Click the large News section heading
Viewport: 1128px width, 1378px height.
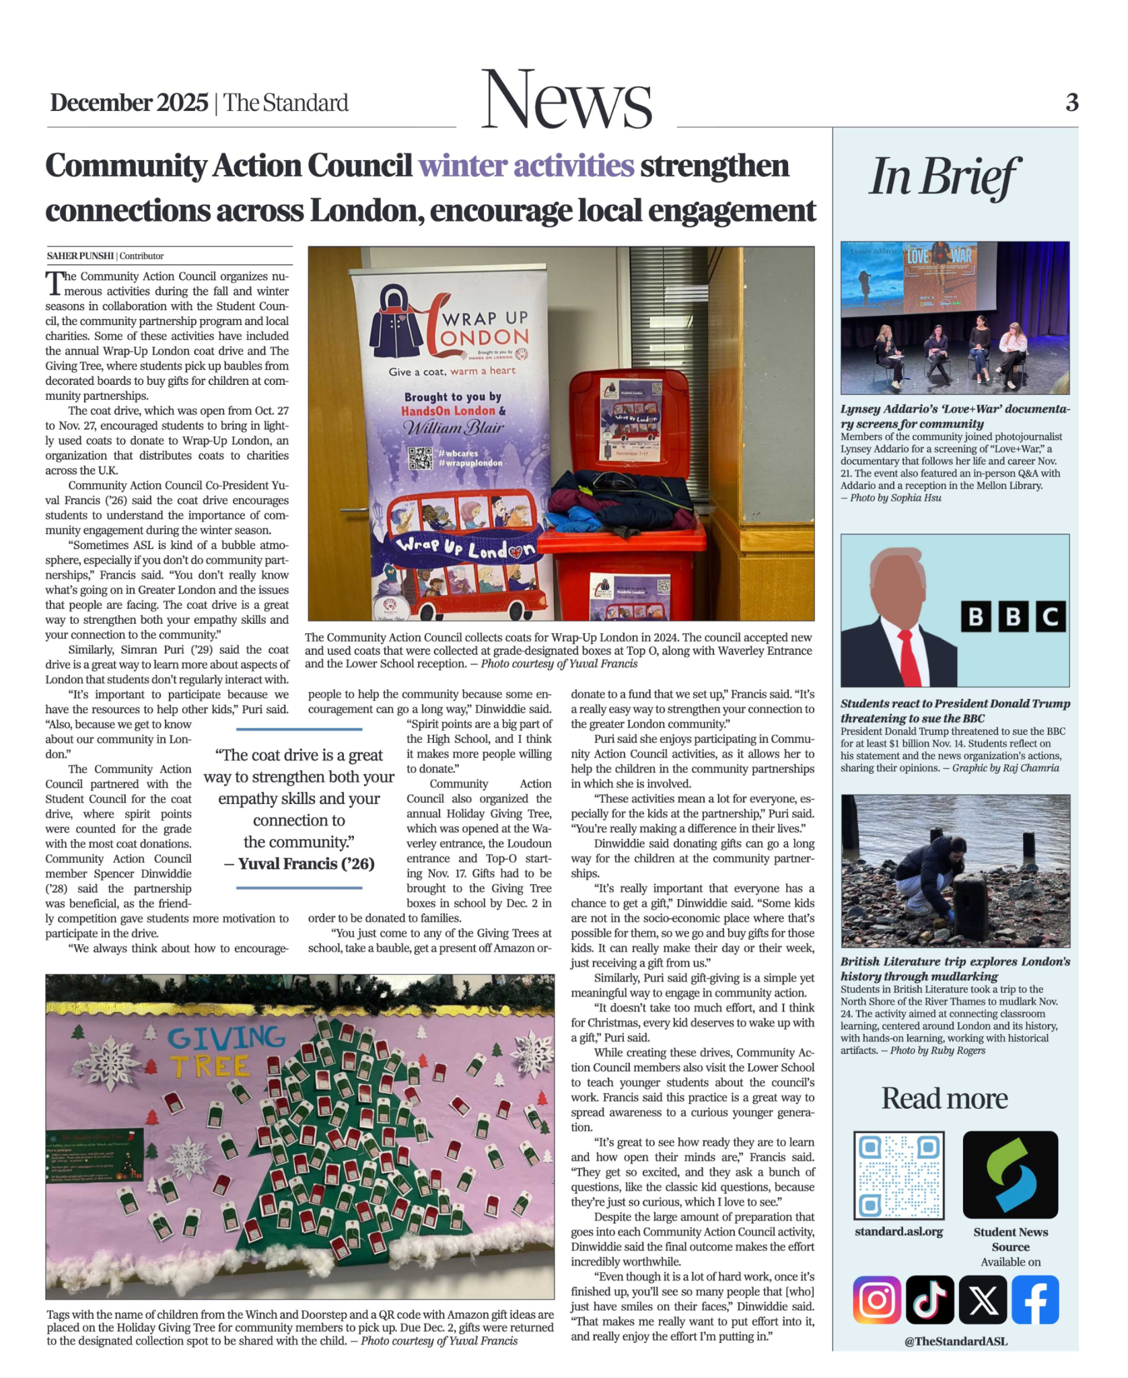click(x=566, y=101)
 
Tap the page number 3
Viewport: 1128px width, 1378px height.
click(x=1071, y=103)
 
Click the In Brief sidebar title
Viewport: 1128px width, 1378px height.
click(x=944, y=177)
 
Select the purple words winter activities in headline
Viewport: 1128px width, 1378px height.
click(x=526, y=166)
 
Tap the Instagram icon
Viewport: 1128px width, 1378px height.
click(x=876, y=1299)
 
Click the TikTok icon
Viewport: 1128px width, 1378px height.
click(x=929, y=1299)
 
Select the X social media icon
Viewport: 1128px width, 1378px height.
click(x=983, y=1299)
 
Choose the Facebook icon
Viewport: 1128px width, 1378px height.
click(x=1035, y=1299)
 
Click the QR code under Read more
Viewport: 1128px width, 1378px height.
click(x=898, y=1175)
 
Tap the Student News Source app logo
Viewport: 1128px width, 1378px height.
click(x=1010, y=1175)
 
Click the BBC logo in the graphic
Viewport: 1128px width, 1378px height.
click(x=1013, y=616)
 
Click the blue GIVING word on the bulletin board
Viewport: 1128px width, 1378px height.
click(x=226, y=1038)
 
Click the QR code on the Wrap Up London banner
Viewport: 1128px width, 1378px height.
click(x=421, y=459)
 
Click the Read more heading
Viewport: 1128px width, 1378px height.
click(x=944, y=1098)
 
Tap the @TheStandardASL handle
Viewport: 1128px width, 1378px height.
click(x=956, y=1342)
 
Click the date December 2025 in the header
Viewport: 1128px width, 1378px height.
click(x=129, y=103)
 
